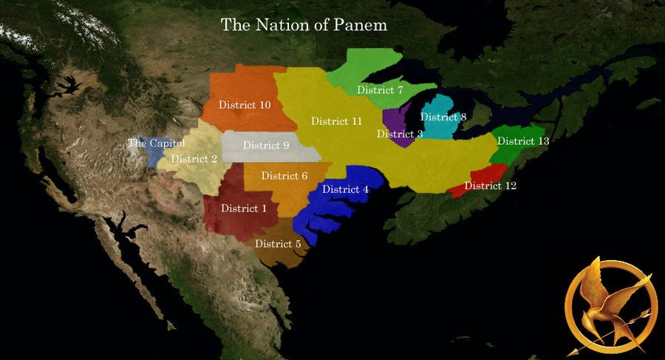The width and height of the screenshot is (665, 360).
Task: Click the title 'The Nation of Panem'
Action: pos(304,24)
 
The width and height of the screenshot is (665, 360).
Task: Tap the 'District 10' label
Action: pos(245,105)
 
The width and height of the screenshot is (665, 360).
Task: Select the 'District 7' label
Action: pos(380,90)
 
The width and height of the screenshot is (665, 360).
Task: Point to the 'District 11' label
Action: pos(336,121)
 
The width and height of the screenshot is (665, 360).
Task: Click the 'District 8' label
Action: pos(443,117)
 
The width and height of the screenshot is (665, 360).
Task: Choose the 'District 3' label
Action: pos(400,134)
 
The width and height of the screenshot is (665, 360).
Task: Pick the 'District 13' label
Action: pos(523,141)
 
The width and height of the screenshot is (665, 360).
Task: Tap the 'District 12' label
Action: pos(490,186)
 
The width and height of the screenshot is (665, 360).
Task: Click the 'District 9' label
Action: pos(266,145)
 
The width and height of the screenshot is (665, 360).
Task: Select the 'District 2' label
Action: pos(194,158)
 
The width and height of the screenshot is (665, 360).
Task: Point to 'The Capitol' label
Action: pos(156,143)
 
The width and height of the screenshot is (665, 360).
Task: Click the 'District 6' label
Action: pos(284,176)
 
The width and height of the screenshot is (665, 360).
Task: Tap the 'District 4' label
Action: pos(345,189)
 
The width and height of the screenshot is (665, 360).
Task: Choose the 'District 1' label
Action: pos(244,208)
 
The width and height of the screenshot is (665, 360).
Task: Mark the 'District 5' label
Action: pos(278,243)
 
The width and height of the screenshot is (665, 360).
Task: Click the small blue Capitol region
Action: pos(153,155)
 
